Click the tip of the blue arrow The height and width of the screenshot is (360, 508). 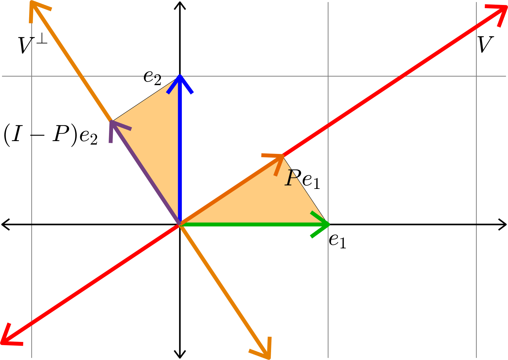click(180, 76)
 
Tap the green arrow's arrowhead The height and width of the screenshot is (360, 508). click(328, 224)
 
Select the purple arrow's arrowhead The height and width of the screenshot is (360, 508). click(111, 122)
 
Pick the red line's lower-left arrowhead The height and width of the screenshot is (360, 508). click(2, 342)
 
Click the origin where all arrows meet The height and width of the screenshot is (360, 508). click(180, 224)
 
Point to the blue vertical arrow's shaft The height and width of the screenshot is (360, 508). click(180, 152)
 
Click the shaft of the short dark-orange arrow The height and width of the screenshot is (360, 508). click(230, 191)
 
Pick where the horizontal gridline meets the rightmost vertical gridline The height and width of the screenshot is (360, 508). click(476, 76)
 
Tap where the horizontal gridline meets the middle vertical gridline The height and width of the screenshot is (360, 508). click(328, 76)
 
